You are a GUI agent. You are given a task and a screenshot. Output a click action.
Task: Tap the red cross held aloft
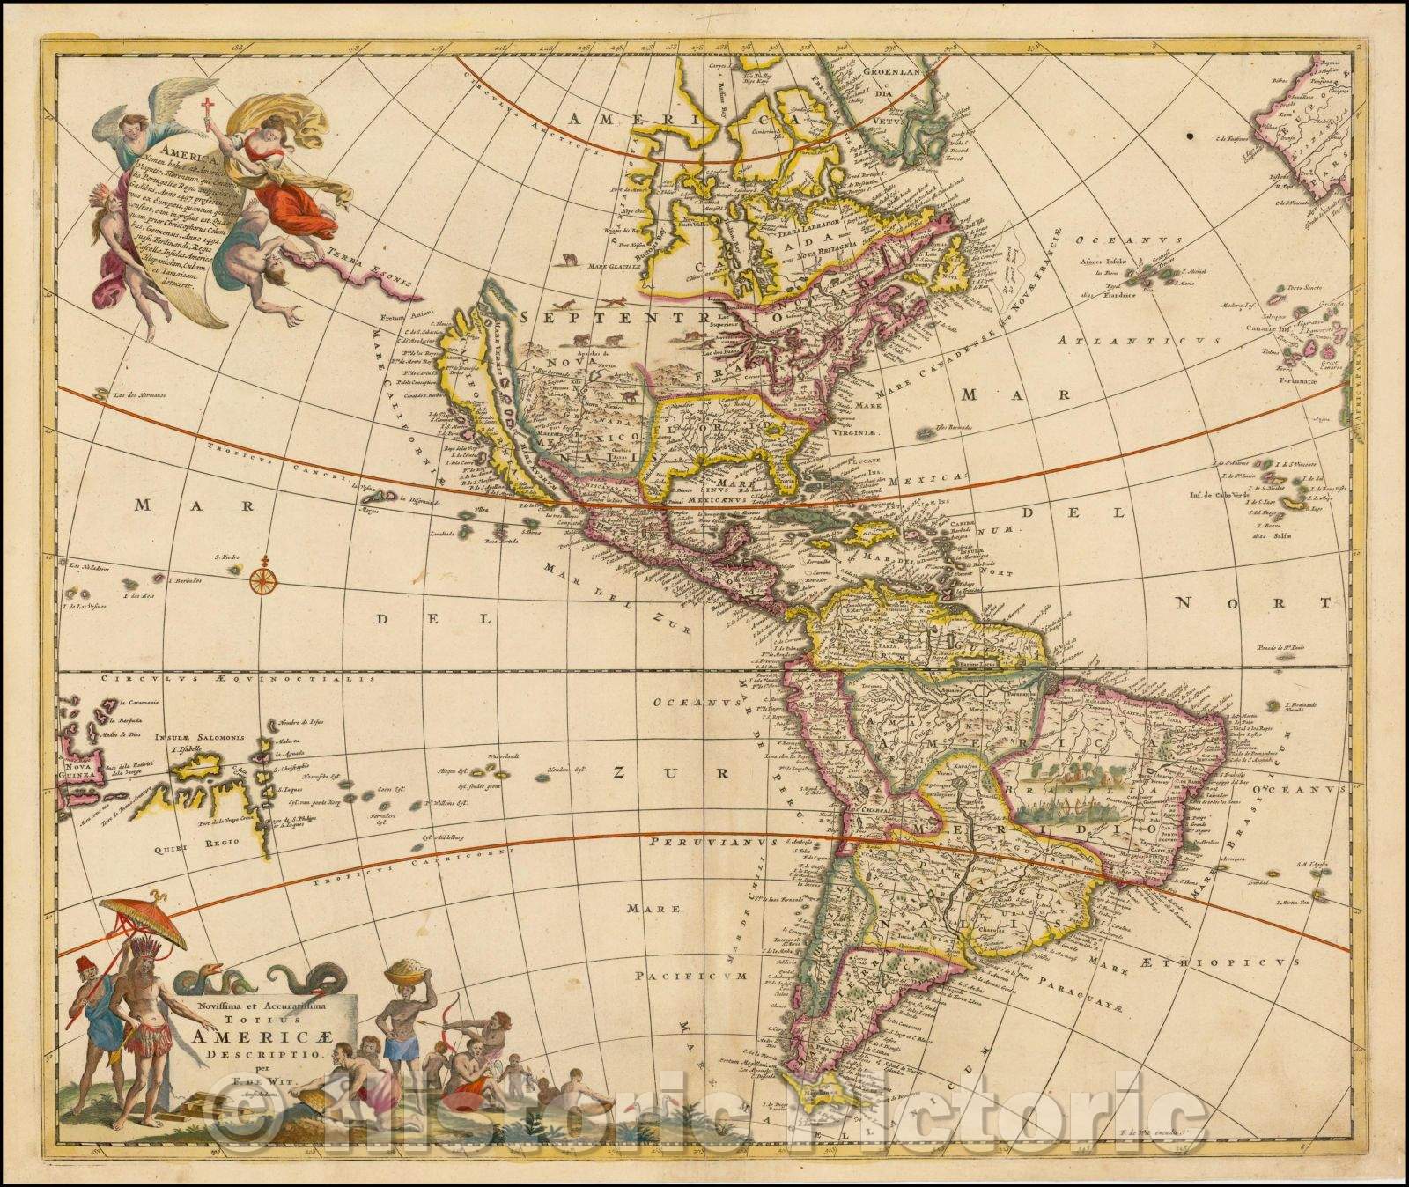click(209, 111)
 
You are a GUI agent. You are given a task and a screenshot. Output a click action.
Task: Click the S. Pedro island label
click(228, 557)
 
